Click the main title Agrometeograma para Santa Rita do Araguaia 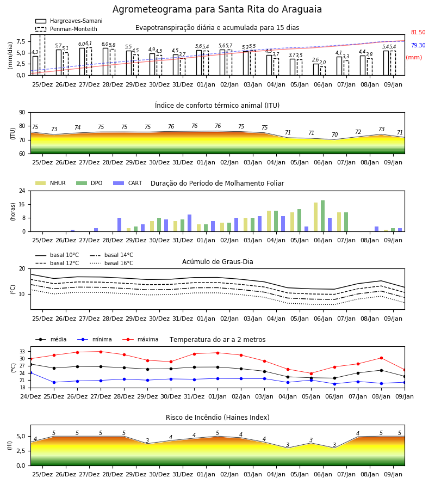(x=217, y=9)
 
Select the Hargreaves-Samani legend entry (x=69, y=21)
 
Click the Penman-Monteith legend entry (x=66, y=29)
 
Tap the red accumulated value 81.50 (x=418, y=33)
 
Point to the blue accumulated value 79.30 (x=418, y=45)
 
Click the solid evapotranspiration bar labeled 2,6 (x=316, y=69)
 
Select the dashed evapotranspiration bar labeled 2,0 (x=323, y=71)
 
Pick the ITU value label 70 (x=334, y=134)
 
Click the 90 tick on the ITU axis (x=22, y=113)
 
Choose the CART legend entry (x=128, y=183)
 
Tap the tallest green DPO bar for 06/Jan (x=322, y=216)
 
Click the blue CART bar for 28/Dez (x=119, y=225)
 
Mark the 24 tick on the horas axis (x=22, y=191)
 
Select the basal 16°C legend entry (x=111, y=263)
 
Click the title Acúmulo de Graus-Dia (x=217, y=261)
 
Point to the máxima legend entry (x=140, y=339)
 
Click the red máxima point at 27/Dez (x=101, y=352)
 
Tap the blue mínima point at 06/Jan (x=334, y=384)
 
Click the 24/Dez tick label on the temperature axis (x=30, y=396)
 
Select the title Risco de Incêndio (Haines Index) (x=217, y=417)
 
